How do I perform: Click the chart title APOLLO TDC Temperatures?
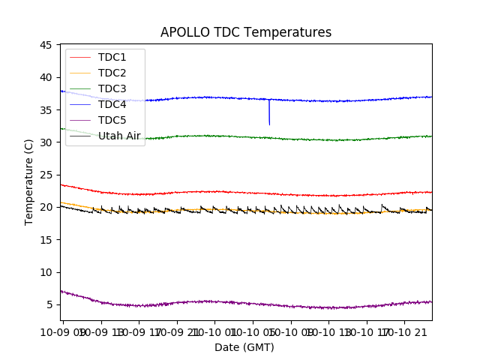246,32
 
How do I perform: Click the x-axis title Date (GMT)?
244,347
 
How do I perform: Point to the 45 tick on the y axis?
45,45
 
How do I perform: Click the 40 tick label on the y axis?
45,77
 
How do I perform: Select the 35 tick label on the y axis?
45,109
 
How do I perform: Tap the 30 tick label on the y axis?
45,142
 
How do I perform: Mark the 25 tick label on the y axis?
45,175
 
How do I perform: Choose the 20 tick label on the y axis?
45,207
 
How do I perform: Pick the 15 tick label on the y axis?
45,239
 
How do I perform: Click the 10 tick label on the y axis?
45,272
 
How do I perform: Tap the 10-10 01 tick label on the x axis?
214,331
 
